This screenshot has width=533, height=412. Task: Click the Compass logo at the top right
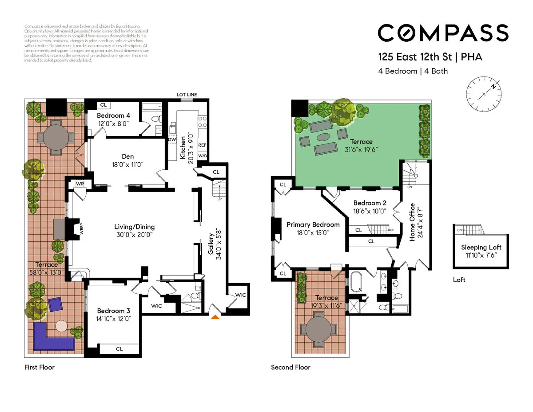click(x=443, y=33)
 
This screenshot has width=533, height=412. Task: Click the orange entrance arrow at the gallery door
click(x=215, y=316)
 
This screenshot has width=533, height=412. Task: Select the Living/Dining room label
click(x=135, y=227)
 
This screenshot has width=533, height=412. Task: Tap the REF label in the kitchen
click(x=202, y=145)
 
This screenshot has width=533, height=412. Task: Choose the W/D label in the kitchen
click(x=202, y=156)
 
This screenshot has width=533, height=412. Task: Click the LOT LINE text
click(x=187, y=95)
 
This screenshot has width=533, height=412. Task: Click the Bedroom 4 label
click(x=114, y=116)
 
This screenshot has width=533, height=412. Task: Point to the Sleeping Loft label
click(x=481, y=247)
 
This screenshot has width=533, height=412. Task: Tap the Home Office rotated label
click(x=412, y=222)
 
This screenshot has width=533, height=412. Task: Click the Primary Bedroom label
click(x=313, y=224)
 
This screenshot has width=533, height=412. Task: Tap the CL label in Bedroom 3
click(x=119, y=349)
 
